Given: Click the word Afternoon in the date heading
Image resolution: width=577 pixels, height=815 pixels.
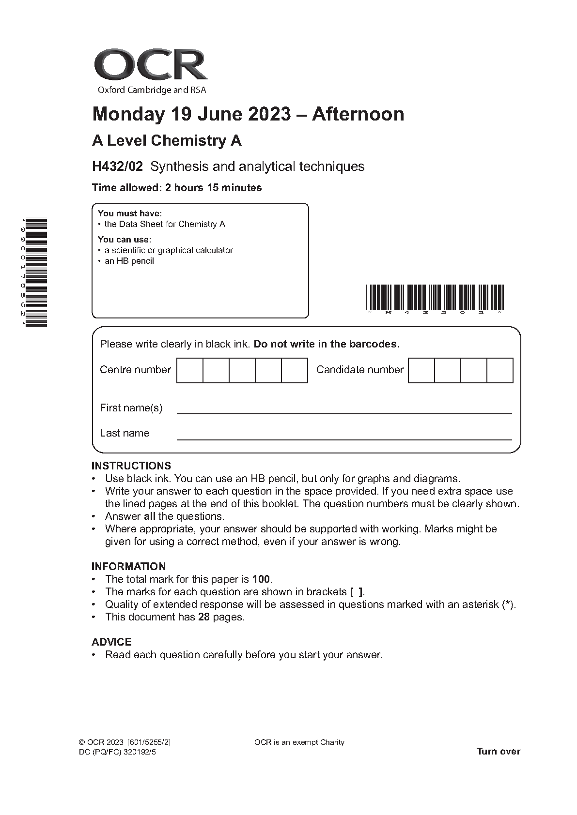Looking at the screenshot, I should click(358, 114).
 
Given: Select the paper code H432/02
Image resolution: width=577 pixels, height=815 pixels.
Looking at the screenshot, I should click(118, 166).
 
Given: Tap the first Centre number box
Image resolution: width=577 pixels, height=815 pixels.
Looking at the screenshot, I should click(189, 370).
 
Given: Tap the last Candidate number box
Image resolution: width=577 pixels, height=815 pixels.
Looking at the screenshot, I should click(499, 370).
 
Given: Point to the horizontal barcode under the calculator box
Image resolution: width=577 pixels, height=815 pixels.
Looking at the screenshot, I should click(435, 297).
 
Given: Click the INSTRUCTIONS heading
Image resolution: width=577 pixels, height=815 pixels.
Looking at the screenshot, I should click(131, 466).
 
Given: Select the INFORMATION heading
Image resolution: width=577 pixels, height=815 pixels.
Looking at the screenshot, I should click(128, 566).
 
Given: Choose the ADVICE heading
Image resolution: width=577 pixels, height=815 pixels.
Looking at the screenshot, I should click(111, 642).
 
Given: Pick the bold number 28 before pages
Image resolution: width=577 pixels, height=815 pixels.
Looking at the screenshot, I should click(204, 617).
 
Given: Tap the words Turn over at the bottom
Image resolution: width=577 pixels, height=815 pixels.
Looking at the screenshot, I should click(498, 751).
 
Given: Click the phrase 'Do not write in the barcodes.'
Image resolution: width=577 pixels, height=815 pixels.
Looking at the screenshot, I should click(327, 344).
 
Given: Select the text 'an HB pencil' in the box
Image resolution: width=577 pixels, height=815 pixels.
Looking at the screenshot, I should click(129, 261).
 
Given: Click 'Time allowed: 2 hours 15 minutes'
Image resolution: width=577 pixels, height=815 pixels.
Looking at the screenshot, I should click(177, 188).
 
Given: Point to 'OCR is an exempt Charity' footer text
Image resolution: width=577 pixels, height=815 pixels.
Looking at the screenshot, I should click(299, 742).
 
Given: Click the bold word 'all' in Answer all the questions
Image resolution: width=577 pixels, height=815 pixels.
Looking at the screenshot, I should click(150, 516).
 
